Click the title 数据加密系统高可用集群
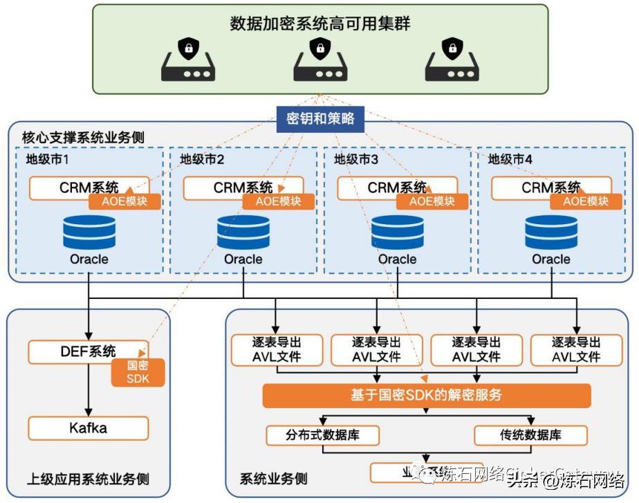coord(319,24)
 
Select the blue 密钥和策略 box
coord(319,118)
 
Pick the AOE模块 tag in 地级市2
coord(279,201)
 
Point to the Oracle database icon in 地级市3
coord(397,232)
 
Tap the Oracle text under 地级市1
coord(89,259)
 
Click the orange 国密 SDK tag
coord(138,372)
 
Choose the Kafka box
coord(88,428)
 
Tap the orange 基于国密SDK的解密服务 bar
coord(426,396)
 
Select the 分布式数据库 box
coord(322,435)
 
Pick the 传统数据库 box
coord(530,435)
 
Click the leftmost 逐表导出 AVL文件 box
coord(277,349)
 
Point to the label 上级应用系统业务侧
coord(88,479)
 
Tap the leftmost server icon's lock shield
coord(187,49)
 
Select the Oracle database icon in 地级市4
coord(551,232)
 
